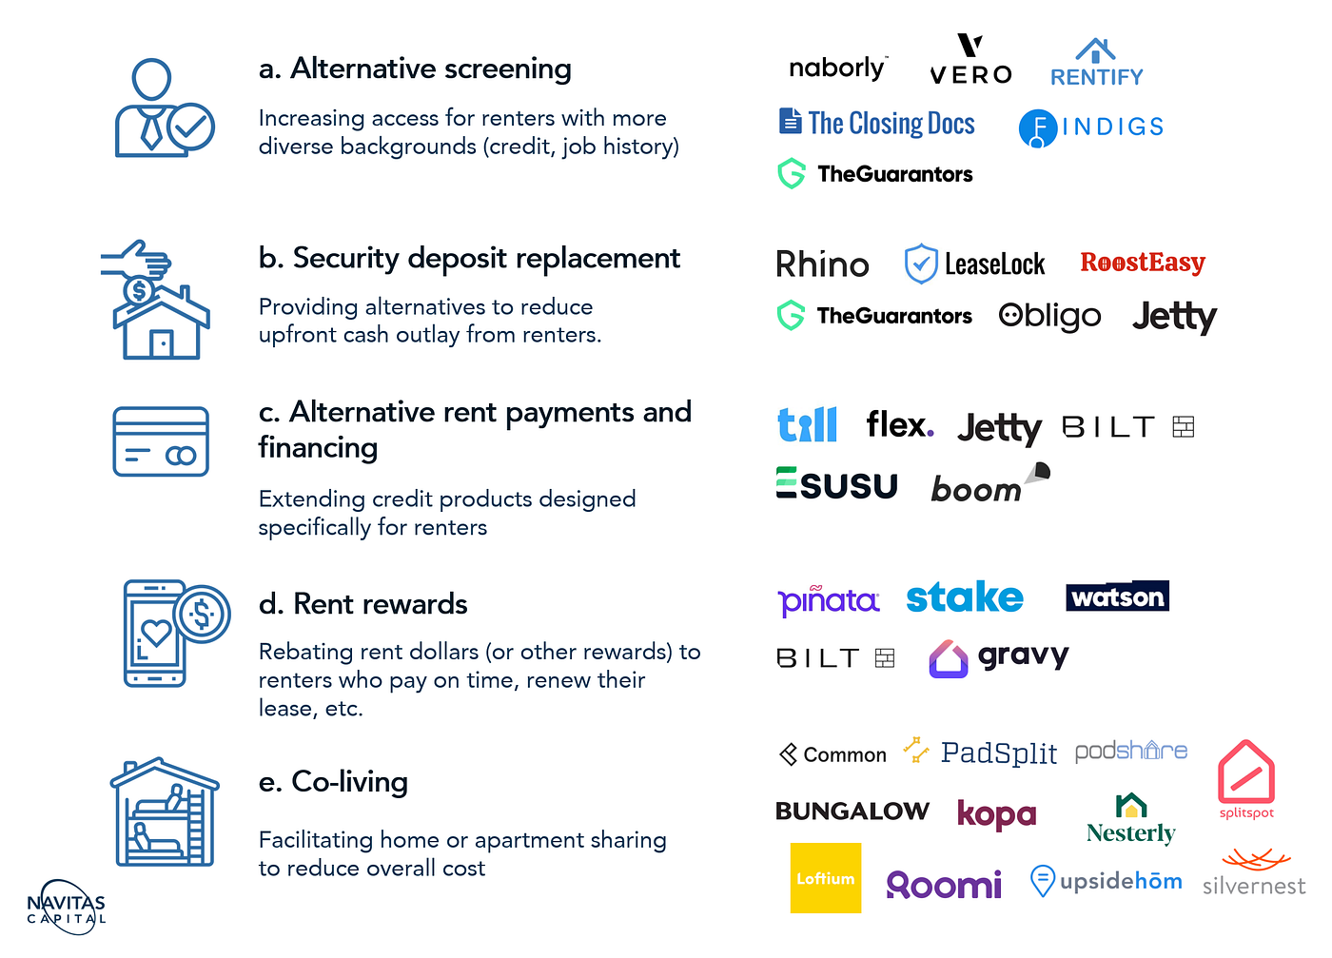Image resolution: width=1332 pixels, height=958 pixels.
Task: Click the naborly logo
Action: (838, 68)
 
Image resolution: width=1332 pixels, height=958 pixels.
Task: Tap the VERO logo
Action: (970, 59)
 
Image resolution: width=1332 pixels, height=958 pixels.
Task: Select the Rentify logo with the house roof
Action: (1096, 63)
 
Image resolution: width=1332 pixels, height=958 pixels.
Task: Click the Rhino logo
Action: (822, 264)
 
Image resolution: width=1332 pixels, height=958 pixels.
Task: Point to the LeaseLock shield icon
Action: (921, 263)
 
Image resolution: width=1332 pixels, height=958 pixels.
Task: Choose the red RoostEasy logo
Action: (1143, 263)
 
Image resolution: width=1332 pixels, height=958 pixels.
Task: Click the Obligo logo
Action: (1049, 317)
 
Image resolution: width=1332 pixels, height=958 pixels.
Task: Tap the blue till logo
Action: (807, 424)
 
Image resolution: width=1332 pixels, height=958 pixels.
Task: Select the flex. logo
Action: (900, 424)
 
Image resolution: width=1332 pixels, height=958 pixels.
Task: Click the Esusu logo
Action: (836, 483)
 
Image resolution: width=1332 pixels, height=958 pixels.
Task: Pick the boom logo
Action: (990, 483)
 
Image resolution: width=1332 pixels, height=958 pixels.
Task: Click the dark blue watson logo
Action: (1117, 596)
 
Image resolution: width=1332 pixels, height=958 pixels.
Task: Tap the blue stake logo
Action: (965, 597)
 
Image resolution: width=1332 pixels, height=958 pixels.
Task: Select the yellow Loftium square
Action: (826, 878)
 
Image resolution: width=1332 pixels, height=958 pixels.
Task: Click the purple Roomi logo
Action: (944, 884)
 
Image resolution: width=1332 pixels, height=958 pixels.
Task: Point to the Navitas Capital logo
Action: (66, 908)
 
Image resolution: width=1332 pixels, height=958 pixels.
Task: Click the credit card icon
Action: (161, 441)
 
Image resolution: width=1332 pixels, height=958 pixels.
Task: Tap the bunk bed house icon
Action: (165, 811)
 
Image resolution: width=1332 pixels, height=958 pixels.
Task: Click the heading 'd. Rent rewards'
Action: (362, 604)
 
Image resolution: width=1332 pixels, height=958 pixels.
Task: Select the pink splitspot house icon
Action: (1246, 772)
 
